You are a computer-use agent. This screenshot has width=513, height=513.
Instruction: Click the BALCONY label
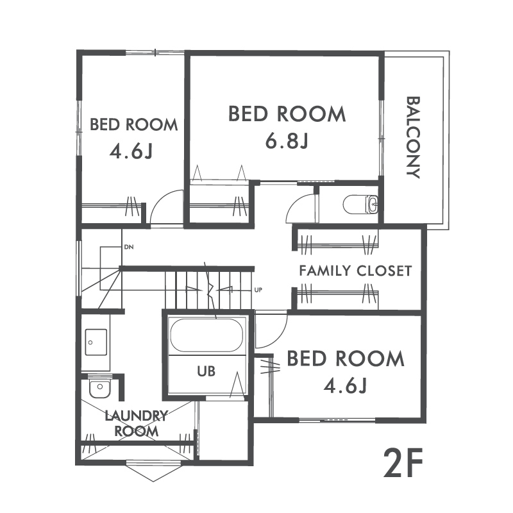[x=413, y=137]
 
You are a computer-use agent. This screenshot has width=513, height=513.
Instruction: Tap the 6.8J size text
[x=287, y=141]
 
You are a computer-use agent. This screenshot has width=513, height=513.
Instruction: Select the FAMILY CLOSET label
[x=355, y=271]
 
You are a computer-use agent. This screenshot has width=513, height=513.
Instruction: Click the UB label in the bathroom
[x=206, y=371]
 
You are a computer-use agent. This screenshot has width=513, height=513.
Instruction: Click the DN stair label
[x=129, y=247]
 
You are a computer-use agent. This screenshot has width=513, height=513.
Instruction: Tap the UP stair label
[x=258, y=290]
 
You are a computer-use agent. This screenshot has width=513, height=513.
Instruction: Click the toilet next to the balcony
[x=360, y=205]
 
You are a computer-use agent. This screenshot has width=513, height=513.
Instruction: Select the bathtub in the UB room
[x=206, y=335]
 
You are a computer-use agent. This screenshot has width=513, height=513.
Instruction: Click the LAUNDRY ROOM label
[x=136, y=424]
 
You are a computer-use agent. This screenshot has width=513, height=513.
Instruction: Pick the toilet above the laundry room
[x=100, y=389]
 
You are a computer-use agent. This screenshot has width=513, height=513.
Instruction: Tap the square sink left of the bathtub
[x=96, y=342]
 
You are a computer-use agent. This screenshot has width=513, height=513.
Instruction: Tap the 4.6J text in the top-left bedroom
[x=131, y=151]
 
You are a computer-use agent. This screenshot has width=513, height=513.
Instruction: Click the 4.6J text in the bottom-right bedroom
[x=346, y=386]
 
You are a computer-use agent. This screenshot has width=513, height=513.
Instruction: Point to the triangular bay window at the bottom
[x=153, y=471]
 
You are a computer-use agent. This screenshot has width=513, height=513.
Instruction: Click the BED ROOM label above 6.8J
[x=287, y=114]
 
